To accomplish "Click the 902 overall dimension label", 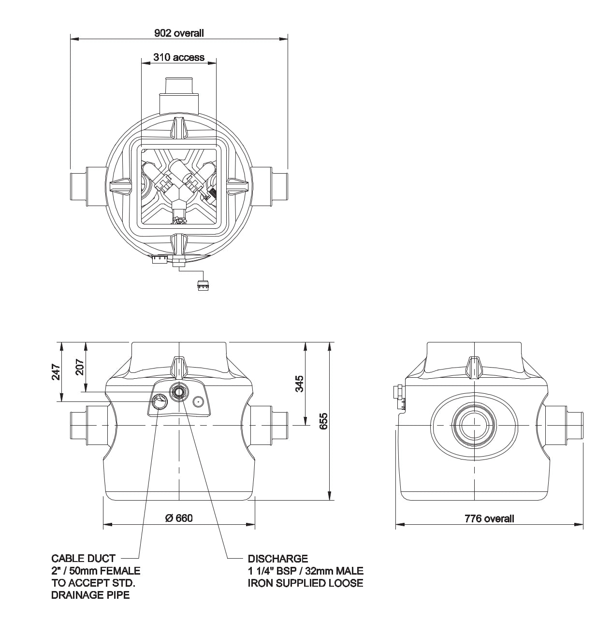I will pos(179,33).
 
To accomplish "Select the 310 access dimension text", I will pos(179,57).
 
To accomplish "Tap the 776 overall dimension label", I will pos(489,518).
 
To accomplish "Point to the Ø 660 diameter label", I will pos(179,518).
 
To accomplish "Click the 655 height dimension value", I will pos(323,421).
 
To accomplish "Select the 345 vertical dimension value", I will pos(299,384).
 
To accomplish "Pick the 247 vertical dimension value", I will pos(56,371).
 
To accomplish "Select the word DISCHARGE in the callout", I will pos(277,559).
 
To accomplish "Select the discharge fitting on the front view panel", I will pos(179,391).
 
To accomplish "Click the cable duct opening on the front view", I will pos(159,401).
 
